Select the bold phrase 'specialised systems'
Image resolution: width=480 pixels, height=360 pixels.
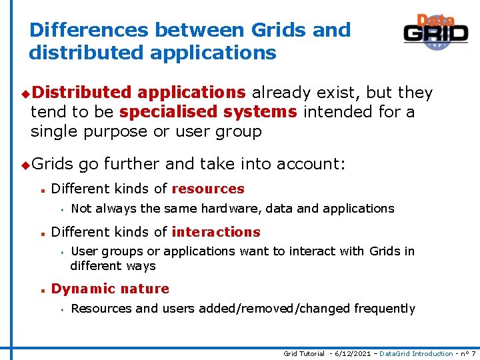pos(208,112)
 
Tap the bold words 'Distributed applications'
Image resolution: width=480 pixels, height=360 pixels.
pos(138,93)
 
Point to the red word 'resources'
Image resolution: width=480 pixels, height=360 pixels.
pos(208,189)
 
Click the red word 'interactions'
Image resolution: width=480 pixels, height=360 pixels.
pos(216,232)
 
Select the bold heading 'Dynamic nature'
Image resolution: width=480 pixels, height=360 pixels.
pos(110,289)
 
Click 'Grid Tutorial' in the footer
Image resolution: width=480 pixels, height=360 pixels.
pos(304,353)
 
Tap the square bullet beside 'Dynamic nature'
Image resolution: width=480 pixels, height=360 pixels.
pos(42,289)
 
